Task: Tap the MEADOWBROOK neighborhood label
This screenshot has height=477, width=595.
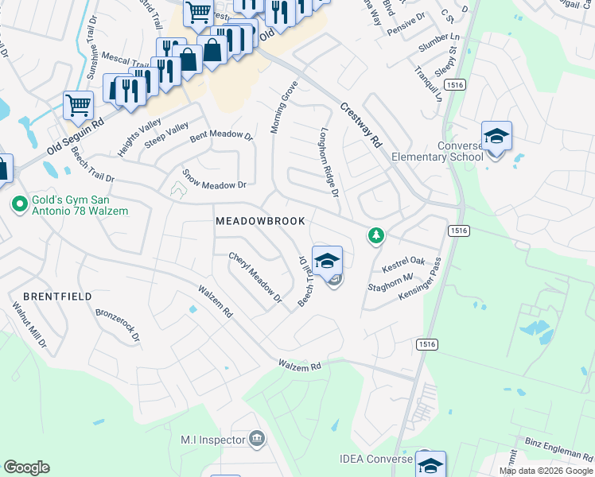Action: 260,222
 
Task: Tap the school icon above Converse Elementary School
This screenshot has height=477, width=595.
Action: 496,137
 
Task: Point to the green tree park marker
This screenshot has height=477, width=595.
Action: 375,235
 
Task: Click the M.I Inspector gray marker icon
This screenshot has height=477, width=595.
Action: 257,437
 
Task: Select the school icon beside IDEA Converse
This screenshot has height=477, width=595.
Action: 430,464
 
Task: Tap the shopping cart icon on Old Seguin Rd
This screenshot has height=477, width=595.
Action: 78,105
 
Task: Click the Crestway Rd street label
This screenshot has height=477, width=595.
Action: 361,125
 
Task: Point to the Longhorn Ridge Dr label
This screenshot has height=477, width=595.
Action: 329,163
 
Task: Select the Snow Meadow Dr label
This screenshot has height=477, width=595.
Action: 214,179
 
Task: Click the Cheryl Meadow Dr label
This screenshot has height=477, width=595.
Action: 255,277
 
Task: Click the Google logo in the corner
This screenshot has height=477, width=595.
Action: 26,467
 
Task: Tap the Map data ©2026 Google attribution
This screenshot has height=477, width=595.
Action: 546,471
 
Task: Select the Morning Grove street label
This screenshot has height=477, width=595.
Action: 285,107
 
